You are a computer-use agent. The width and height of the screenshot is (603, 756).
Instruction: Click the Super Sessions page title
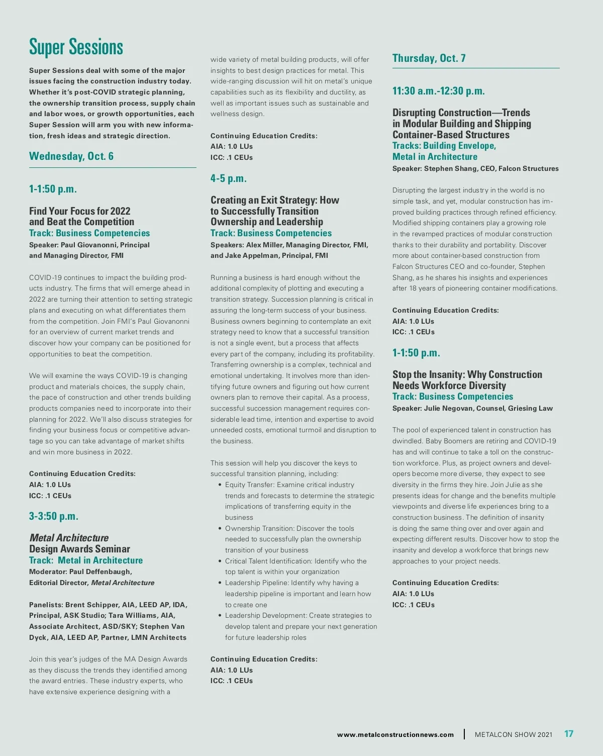pyautogui.click(x=76, y=47)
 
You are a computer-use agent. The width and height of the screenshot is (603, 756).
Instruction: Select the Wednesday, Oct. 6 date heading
pyautogui.click(x=71, y=156)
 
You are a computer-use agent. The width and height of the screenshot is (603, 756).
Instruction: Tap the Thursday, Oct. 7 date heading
pyautogui.click(x=429, y=58)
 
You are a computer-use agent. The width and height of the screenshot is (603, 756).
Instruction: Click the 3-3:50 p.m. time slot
pyautogui.click(x=54, y=516)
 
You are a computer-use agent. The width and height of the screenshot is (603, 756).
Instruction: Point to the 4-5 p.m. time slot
pyautogui.click(x=229, y=178)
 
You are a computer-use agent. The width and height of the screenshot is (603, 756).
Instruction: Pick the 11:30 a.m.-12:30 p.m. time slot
pyautogui.click(x=438, y=91)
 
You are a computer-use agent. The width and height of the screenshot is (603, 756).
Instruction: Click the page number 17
pyautogui.click(x=568, y=734)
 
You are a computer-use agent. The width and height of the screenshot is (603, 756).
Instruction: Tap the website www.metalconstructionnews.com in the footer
pyautogui.click(x=395, y=734)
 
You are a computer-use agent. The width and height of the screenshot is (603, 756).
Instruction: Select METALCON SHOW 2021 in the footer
pyautogui.click(x=513, y=734)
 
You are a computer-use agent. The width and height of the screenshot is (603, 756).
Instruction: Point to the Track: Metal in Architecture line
pyautogui.click(x=86, y=560)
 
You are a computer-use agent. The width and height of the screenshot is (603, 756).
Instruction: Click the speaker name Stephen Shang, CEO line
pyautogui.click(x=475, y=169)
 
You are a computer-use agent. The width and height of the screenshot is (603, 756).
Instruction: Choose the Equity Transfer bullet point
pyautogui.click(x=289, y=485)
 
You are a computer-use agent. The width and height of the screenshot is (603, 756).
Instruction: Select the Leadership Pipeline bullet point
pyautogui.click(x=291, y=583)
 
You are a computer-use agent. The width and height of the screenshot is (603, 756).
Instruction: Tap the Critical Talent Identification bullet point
pyautogui.click(x=295, y=561)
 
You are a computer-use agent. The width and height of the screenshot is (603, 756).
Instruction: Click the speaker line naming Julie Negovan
pyautogui.click(x=472, y=408)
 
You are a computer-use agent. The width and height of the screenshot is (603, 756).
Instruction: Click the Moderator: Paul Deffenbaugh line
pyautogui.click(x=80, y=572)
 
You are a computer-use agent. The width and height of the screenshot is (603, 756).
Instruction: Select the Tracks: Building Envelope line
pyautogui.click(x=444, y=146)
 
